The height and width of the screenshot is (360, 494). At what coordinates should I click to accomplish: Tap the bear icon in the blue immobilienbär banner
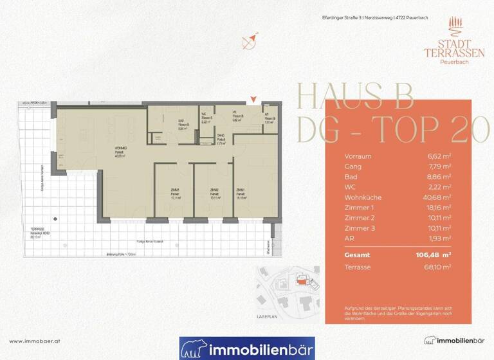pos(194,350)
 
